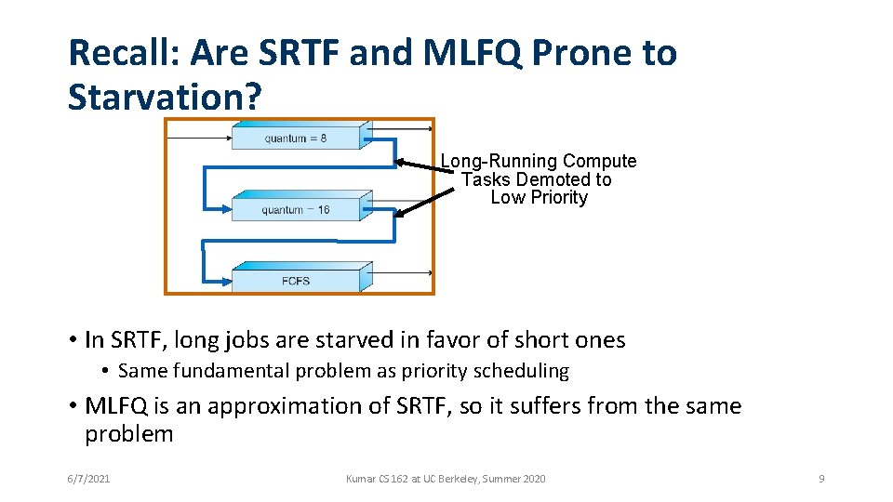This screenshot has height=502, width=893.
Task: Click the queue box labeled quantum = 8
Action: tap(296, 139)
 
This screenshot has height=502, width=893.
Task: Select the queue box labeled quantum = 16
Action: tap(296, 209)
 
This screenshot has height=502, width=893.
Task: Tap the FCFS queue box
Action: tap(296, 281)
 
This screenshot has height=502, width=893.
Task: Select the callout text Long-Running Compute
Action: tap(539, 162)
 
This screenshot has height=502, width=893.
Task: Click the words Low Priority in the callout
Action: tap(539, 197)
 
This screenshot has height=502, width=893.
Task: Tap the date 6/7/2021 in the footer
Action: tap(88, 479)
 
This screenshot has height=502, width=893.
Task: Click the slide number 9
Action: tap(821, 479)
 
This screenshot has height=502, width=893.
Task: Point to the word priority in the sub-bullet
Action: tap(436, 371)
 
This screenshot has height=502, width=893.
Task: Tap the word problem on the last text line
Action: tap(128, 434)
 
